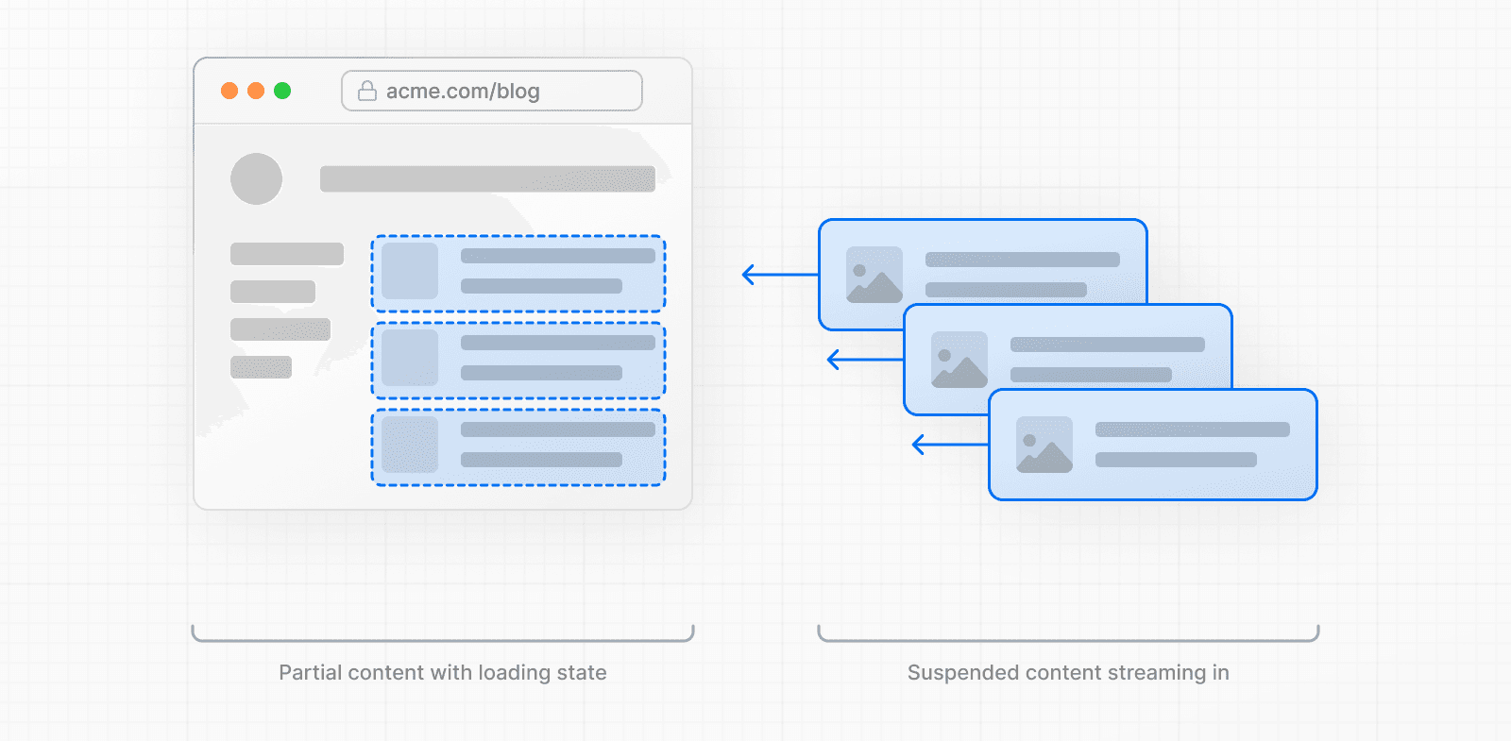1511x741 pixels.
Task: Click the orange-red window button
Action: (x=229, y=91)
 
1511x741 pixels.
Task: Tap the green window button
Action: (x=282, y=91)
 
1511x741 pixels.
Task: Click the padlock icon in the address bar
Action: (x=367, y=91)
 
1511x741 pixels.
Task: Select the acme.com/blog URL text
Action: (x=463, y=92)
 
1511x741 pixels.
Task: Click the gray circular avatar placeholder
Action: (x=257, y=178)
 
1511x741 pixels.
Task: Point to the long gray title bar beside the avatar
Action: (x=487, y=179)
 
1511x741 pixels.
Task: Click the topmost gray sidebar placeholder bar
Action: (x=287, y=254)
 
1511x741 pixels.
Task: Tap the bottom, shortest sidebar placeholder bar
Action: (x=261, y=367)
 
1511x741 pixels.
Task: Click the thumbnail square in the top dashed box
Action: (x=410, y=271)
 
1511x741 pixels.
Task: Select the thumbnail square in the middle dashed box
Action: (x=410, y=358)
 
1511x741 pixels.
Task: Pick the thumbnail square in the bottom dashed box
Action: (x=410, y=445)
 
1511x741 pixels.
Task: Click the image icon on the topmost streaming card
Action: (x=874, y=275)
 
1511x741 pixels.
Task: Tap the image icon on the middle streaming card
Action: (x=959, y=360)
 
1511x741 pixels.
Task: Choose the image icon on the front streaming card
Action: (x=1044, y=445)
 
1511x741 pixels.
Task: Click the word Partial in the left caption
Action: (x=310, y=673)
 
